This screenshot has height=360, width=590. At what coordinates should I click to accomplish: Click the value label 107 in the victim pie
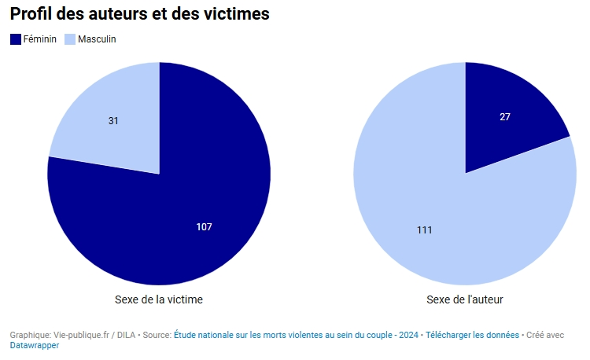[205, 227]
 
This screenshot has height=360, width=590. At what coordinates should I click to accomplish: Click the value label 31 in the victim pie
[113, 121]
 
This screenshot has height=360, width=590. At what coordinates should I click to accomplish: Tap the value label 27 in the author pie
[505, 117]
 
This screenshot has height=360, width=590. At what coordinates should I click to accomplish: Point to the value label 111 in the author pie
[425, 230]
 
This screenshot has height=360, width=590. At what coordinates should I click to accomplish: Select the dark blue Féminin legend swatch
[16, 39]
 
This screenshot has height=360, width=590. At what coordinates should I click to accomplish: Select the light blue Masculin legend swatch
[69, 39]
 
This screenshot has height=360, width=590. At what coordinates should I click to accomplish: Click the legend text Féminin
[40, 39]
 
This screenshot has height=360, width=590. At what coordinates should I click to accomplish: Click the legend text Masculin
[97, 39]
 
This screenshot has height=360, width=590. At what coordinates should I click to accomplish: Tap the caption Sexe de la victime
[159, 299]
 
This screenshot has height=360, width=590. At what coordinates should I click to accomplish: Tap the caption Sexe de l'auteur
[465, 299]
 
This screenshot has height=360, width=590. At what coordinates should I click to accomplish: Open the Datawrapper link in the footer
[35, 345]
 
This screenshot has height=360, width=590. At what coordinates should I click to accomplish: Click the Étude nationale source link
[283, 335]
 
